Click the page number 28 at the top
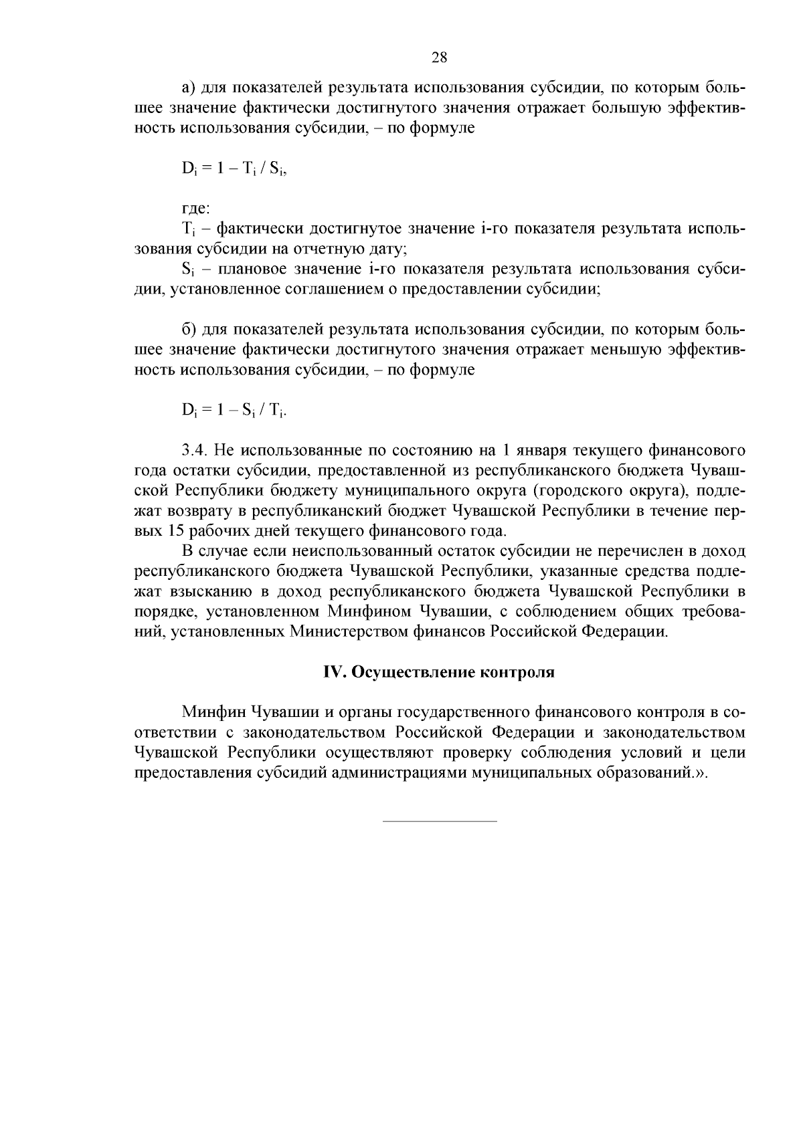439,58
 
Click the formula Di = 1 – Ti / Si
234,169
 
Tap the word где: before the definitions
196,209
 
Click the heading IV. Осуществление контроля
439,672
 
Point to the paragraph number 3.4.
194,450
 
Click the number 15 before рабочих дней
171,532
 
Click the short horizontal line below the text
439,821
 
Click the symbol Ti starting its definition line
187,229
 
